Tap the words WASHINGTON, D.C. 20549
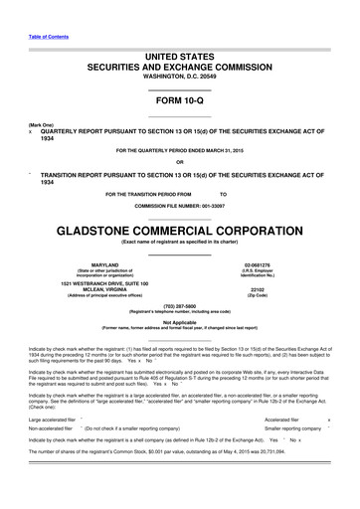click(x=179, y=77)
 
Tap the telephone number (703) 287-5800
click(x=179, y=306)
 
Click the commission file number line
click(x=179, y=204)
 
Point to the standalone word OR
click(x=179, y=163)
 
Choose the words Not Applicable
click(x=179, y=323)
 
